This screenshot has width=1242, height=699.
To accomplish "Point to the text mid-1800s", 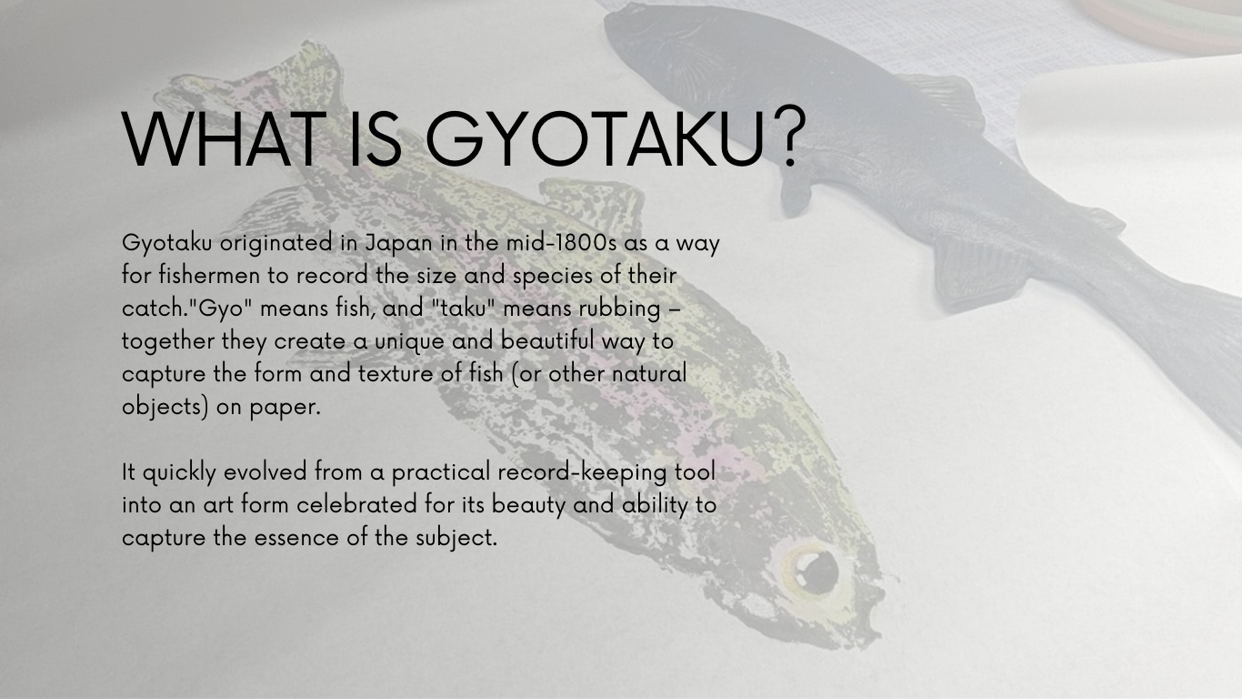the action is [x=561, y=243].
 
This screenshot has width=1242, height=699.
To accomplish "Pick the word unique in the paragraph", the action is [x=409, y=341].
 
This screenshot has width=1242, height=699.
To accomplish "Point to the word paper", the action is [x=285, y=408].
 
